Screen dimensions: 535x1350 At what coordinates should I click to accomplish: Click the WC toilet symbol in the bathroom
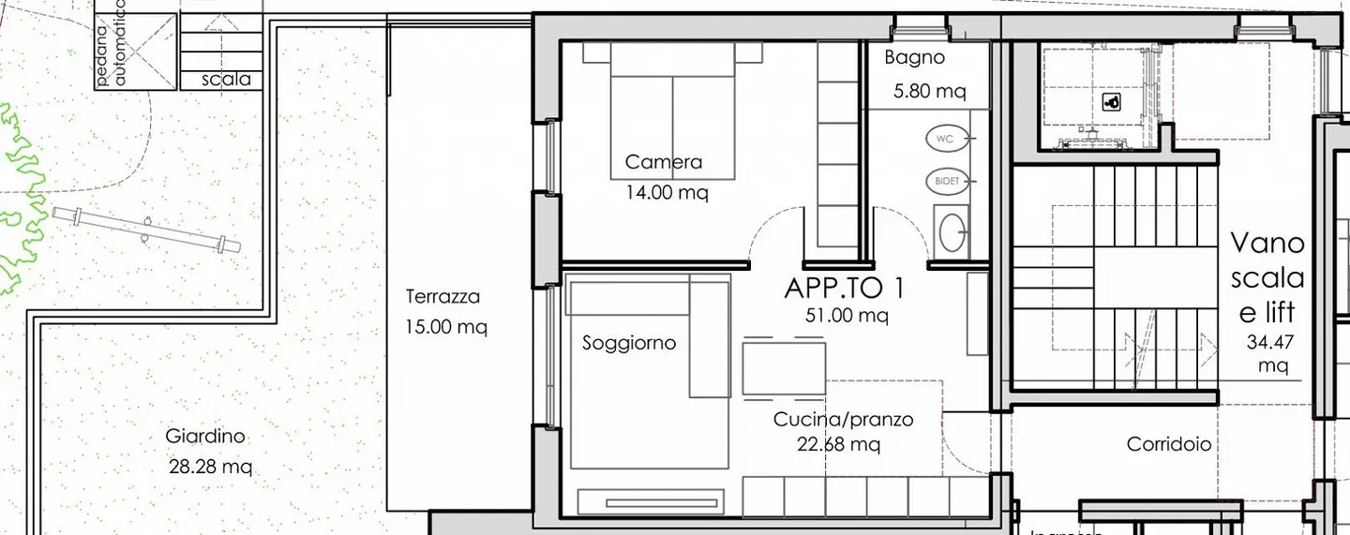(x=946, y=139)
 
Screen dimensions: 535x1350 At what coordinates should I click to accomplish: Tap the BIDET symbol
(x=948, y=180)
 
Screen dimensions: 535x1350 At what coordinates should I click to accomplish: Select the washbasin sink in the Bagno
(x=953, y=233)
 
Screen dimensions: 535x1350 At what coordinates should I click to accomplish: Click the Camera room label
(x=663, y=162)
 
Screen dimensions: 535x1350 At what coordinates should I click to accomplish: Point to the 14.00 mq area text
(x=667, y=193)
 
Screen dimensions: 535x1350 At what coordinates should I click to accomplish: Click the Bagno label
(x=914, y=58)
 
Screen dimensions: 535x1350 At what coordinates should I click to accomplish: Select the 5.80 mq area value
(x=929, y=92)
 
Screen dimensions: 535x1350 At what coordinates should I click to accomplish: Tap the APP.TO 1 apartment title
(x=846, y=288)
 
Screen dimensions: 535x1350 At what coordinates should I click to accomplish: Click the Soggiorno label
(x=628, y=343)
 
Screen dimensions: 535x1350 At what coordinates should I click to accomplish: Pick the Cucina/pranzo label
(x=843, y=420)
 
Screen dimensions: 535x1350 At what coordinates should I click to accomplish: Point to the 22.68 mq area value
(x=839, y=444)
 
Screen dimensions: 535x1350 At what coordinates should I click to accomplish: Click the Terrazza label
(x=442, y=297)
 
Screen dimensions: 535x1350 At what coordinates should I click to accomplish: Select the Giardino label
(x=205, y=436)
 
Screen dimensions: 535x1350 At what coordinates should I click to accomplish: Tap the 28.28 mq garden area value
(x=210, y=466)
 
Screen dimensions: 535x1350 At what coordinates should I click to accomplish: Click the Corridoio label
(x=1169, y=445)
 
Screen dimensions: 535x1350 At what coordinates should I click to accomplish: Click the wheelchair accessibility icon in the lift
(x=1112, y=103)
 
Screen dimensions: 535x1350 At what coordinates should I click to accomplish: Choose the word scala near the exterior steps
(x=227, y=80)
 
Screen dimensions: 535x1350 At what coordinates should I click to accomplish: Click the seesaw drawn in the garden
(x=146, y=230)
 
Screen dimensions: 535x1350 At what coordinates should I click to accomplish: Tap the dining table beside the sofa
(x=784, y=368)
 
